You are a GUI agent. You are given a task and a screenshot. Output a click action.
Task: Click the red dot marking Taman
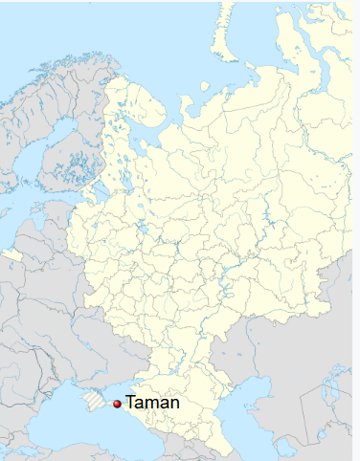coord(117,405)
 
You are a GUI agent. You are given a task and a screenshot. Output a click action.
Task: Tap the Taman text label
coord(152,404)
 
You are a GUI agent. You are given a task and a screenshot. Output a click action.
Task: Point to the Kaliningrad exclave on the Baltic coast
coord(11,254)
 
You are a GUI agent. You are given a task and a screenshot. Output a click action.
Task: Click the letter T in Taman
coord(131,404)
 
